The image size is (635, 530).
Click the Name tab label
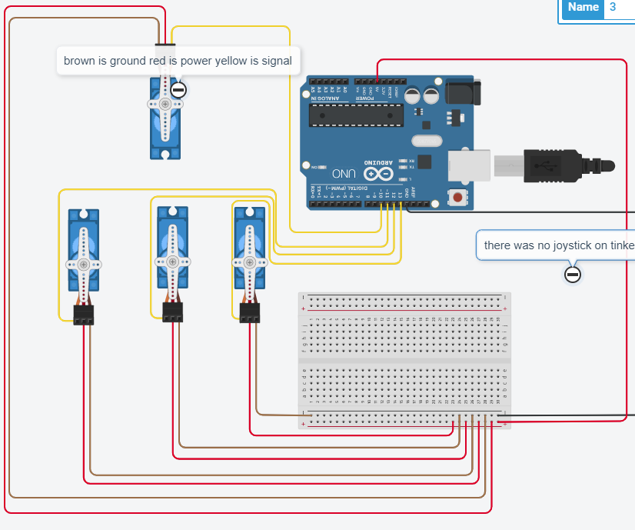point(583,8)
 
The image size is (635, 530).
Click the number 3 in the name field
point(613,8)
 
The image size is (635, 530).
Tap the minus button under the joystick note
point(572,274)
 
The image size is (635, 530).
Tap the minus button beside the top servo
point(178,90)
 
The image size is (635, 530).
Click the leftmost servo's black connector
point(83,314)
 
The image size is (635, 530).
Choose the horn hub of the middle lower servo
point(172,262)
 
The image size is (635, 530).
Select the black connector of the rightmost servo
point(249,312)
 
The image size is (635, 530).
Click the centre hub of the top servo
point(165,103)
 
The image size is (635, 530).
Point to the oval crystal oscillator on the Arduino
point(426,141)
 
